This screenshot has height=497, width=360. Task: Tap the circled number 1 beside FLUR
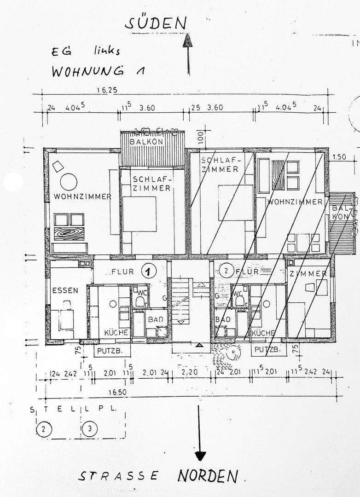[x=148, y=272]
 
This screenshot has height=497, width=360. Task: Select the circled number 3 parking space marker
[x=90, y=429]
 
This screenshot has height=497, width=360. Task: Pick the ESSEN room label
[x=65, y=290]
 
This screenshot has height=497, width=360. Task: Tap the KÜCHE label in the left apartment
[x=116, y=332]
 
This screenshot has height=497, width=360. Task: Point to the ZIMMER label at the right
[x=308, y=274]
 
